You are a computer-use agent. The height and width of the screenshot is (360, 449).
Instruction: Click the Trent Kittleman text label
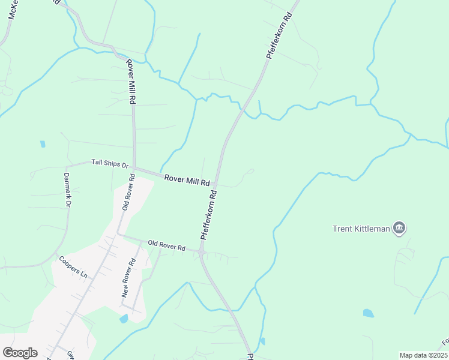(361, 228)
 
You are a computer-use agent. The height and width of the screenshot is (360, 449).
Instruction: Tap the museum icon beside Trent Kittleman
(399, 228)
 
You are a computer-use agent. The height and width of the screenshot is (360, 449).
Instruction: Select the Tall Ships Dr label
(110, 163)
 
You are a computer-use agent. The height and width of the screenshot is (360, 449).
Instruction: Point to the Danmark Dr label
(67, 190)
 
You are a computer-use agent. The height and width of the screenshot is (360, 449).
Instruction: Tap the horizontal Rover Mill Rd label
(187, 179)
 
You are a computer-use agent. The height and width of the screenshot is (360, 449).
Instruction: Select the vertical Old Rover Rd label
(127, 191)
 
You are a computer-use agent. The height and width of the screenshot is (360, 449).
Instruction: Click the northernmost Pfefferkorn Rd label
(279, 33)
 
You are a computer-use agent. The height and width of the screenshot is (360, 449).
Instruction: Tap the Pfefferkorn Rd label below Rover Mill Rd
(208, 215)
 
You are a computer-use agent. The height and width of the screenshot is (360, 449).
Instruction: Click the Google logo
(20, 353)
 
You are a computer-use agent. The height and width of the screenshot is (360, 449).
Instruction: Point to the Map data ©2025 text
(423, 355)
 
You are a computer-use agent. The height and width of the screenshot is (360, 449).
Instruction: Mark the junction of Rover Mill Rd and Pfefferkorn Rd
(216, 185)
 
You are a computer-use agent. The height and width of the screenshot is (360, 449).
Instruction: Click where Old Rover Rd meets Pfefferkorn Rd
(202, 254)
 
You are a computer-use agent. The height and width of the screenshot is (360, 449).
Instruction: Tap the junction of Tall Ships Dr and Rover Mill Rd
(133, 169)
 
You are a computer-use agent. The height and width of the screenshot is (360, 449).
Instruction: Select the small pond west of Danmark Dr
(43, 144)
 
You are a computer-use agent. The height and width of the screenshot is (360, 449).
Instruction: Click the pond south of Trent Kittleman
(368, 313)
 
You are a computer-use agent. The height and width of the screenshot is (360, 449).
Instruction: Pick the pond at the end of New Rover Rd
(124, 319)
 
